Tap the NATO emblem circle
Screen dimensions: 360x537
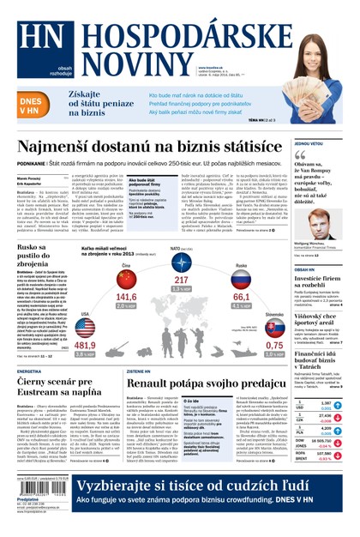point(180,264)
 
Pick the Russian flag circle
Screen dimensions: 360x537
point(241,280)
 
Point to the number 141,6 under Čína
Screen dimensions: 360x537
point(127,298)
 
